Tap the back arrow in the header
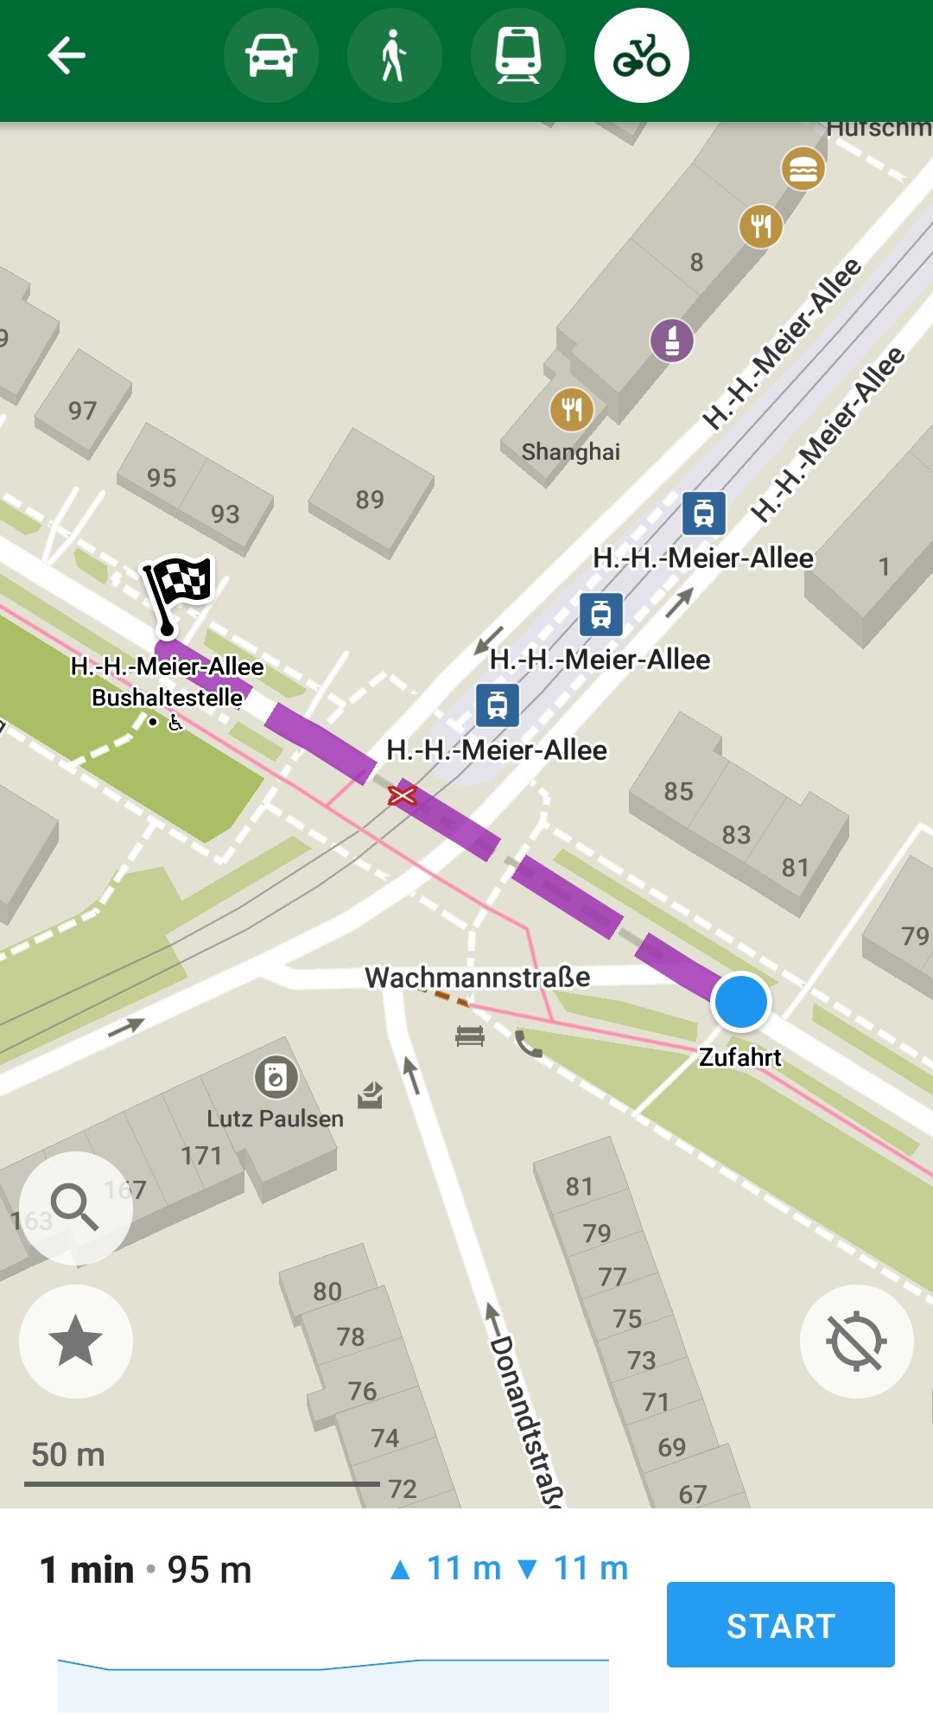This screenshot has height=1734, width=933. click(67, 56)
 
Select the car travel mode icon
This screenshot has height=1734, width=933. click(271, 56)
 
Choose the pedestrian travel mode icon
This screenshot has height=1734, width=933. click(395, 56)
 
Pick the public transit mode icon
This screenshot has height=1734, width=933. click(518, 56)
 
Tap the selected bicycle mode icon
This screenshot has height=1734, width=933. click(642, 56)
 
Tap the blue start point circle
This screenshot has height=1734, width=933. click(740, 1001)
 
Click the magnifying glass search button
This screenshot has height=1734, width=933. click(75, 1207)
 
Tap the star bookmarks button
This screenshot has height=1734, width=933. click(75, 1341)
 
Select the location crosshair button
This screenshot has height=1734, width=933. click(856, 1341)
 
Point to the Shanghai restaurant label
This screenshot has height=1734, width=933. click(571, 452)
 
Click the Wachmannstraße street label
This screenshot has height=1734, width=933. click(478, 978)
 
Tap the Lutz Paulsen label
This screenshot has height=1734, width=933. click(275, 1119)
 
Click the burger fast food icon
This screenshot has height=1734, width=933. click(803, 169)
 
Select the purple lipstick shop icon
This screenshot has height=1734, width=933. click(672, 340)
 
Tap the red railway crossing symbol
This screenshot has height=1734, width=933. click(402, 795)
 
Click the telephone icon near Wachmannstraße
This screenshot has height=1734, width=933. click(529, 1045)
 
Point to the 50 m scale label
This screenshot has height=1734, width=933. click(68, 1455)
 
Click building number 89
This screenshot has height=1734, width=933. click(370, 500)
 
